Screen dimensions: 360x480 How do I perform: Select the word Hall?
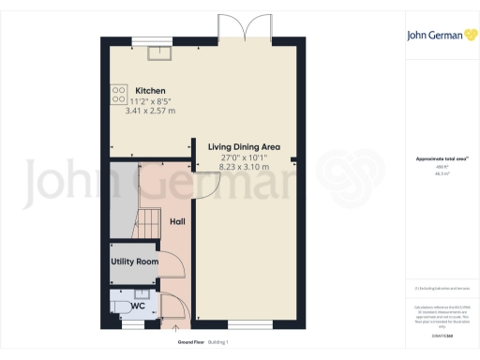coord(178,222)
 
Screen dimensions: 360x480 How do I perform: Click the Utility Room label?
coord(134,262)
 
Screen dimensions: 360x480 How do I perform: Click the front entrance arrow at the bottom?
coord(174,328)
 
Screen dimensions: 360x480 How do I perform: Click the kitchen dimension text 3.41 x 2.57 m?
coord(142,111)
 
